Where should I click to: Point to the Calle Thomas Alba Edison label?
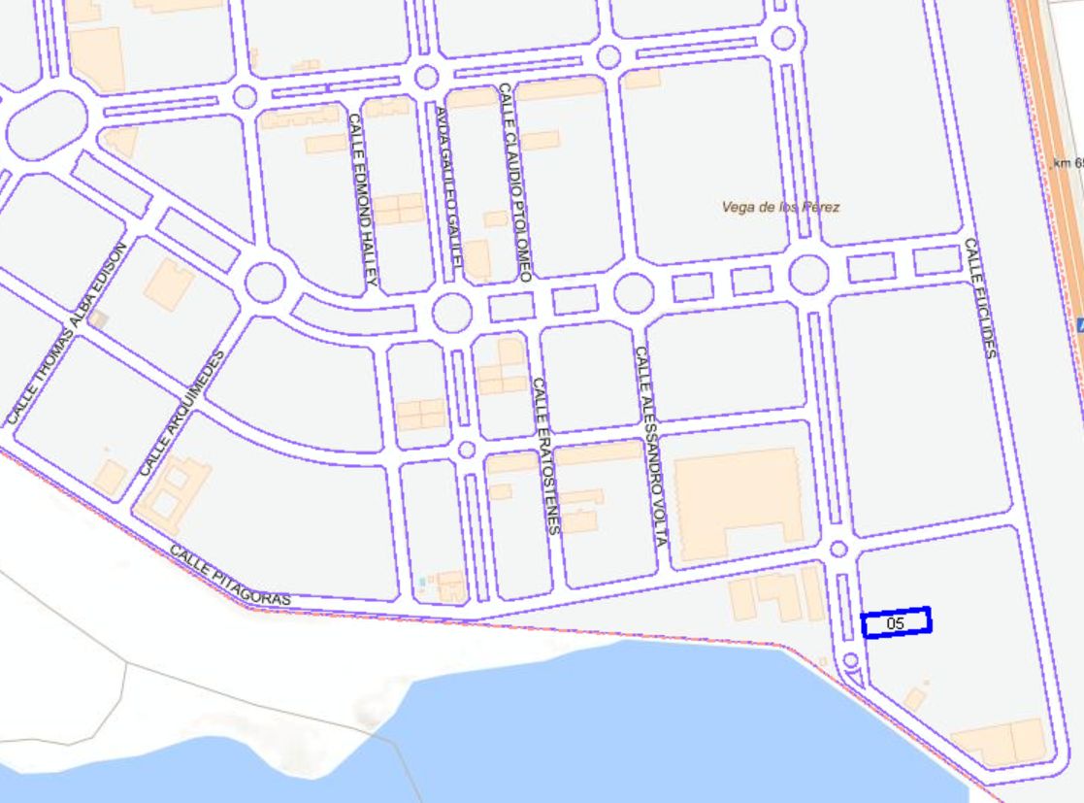67,333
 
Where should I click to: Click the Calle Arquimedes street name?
181,413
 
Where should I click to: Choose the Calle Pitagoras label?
230,575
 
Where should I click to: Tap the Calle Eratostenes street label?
545,455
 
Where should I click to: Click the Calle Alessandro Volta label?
650,445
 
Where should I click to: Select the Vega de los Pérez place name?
780,207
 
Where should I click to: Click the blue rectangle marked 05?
896,622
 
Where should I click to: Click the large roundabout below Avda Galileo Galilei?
452,312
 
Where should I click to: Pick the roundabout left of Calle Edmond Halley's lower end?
265,283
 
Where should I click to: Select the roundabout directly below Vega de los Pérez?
808,275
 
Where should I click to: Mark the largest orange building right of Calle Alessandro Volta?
740,503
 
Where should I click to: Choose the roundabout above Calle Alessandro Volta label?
633,292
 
